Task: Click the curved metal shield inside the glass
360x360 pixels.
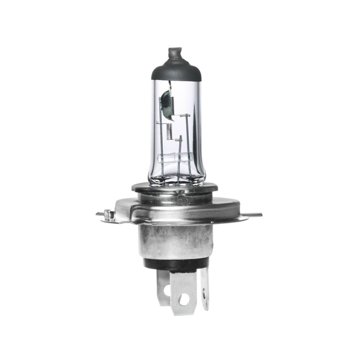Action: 165,104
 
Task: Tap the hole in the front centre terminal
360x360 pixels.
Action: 184,298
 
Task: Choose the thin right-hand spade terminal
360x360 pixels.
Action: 205,288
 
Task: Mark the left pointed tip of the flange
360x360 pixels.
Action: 98,214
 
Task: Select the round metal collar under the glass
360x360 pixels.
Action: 175,189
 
